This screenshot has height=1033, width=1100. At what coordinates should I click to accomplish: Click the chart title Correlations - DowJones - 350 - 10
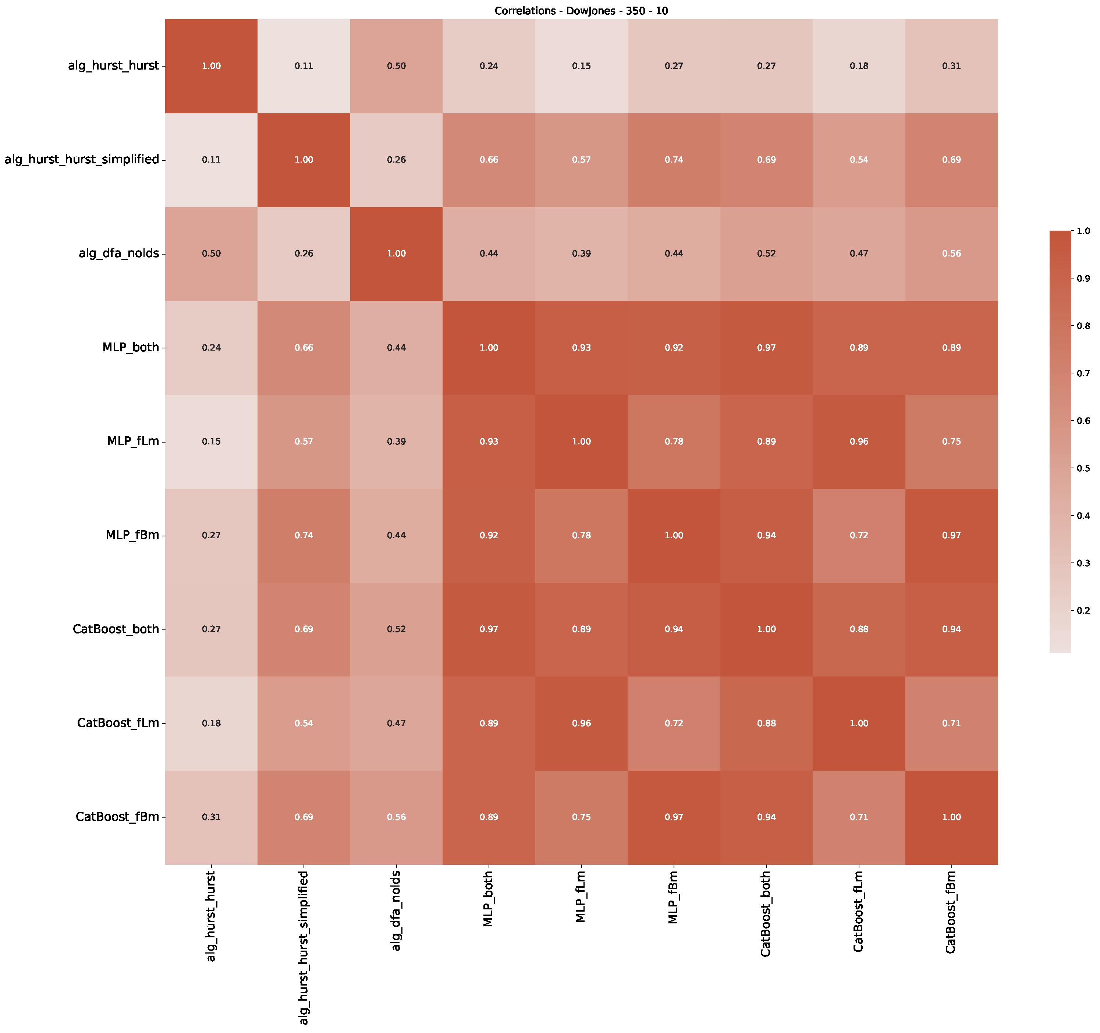coord(581,11)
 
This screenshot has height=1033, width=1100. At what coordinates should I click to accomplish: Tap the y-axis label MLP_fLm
coord(133,441)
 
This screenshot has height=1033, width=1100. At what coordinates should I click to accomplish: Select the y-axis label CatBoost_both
coord(116,629)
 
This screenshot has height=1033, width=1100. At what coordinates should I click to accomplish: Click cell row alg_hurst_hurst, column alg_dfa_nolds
coord(396,66)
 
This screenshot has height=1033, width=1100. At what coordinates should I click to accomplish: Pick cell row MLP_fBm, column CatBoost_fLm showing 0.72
coord(859,535)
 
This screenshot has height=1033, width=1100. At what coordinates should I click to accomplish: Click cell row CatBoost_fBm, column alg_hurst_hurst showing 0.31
coord(212,817)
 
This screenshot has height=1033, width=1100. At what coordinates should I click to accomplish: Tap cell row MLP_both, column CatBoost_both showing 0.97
coord(766,348)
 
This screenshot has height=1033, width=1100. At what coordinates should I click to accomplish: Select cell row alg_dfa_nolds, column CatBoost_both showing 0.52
coord(766,253)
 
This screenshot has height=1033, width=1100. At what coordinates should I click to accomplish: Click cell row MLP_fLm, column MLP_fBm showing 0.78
coord(674,441)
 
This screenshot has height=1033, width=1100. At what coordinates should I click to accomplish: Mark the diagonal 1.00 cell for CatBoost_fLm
coord(859,723)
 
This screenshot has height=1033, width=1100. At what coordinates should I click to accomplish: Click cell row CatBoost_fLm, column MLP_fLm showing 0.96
coord(581,723)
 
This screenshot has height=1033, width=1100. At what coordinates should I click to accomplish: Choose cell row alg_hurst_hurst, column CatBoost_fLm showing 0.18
coord(859,66)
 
